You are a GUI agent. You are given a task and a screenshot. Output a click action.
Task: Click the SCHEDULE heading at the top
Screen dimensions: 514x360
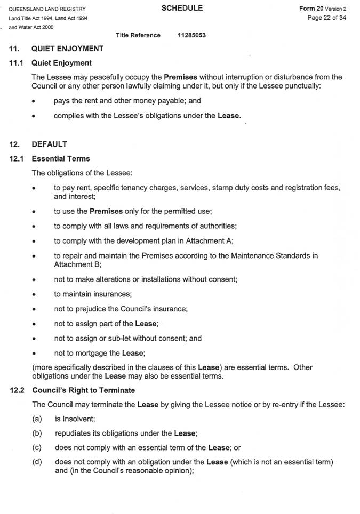pos(182,8)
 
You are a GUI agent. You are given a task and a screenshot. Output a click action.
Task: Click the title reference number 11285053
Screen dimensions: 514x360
pos(192,35)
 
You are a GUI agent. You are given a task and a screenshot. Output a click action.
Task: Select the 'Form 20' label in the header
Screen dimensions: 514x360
pos(311,9)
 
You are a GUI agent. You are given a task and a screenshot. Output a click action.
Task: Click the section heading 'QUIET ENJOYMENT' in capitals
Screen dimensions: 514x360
pos(68,49)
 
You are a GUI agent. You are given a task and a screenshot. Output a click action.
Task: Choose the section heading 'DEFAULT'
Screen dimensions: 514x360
pos(50,144)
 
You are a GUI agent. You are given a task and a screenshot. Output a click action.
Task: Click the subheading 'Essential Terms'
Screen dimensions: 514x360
pos(61,158)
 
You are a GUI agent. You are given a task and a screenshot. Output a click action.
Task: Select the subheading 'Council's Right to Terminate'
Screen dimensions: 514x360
pos(83,390)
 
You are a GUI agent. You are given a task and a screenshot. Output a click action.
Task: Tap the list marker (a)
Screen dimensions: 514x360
pos(37,419)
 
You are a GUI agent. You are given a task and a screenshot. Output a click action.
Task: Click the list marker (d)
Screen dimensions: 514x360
pos(37,461)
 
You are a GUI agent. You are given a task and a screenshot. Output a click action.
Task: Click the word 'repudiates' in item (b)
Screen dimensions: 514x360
pos(73,433)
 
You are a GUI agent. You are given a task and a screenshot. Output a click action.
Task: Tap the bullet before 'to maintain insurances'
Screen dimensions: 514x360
pos(34,294)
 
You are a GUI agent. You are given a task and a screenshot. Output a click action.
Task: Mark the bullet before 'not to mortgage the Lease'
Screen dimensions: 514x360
pos(34,353)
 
